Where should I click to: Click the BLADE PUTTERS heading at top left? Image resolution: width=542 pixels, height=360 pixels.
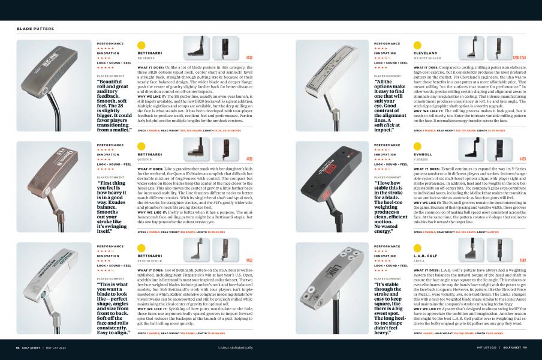[36, 28]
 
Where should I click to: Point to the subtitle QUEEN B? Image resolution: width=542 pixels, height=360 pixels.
[146, 159]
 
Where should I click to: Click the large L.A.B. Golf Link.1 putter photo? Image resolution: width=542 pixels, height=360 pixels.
[332, 290]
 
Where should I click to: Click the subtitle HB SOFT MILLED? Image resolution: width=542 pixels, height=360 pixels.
[427, 58]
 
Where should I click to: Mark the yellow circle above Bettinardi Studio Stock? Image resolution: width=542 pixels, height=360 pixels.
[141, 247]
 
